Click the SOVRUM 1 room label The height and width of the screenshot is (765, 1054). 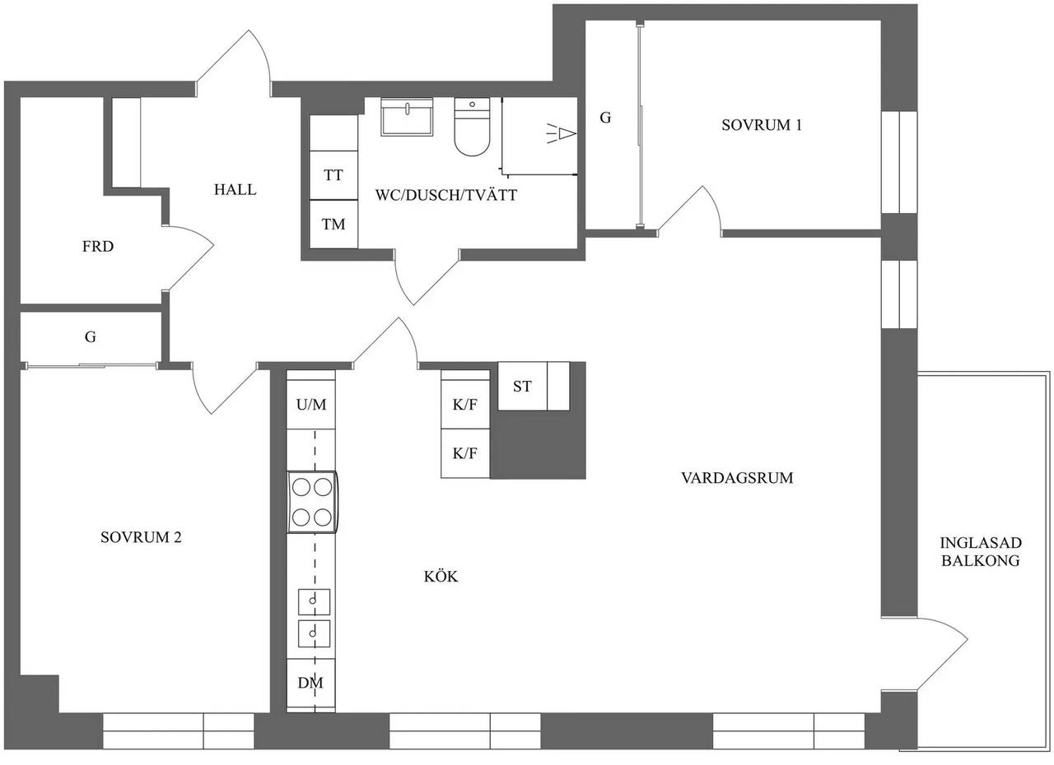tap(762, 125)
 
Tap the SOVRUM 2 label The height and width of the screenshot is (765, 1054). tap(141, 537)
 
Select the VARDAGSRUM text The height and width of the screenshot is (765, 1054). tap(737, 478)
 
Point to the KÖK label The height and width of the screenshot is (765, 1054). tap(441, 576)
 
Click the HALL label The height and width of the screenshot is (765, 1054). tap(235, 189)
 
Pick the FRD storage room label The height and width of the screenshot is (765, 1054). tap(98, 246)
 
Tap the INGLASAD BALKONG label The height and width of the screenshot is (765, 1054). tap(981, 551)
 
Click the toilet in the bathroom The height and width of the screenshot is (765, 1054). tap(472, 127)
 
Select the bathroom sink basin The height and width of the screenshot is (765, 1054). tap(407, 117)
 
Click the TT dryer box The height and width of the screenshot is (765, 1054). tap(333, 175)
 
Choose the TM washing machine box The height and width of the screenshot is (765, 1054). tap(333, 224)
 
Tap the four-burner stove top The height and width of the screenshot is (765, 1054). tap(312, 502)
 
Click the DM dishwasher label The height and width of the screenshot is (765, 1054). tap(310, 682)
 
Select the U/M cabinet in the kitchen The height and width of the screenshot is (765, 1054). tap(311, 404)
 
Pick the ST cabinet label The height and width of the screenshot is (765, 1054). tap(522, 387)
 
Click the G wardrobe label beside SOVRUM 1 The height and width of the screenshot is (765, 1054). tap(605, 118)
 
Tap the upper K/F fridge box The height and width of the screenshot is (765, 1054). tap(465, 404)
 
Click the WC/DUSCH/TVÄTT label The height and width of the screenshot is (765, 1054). tap(446, 195)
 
